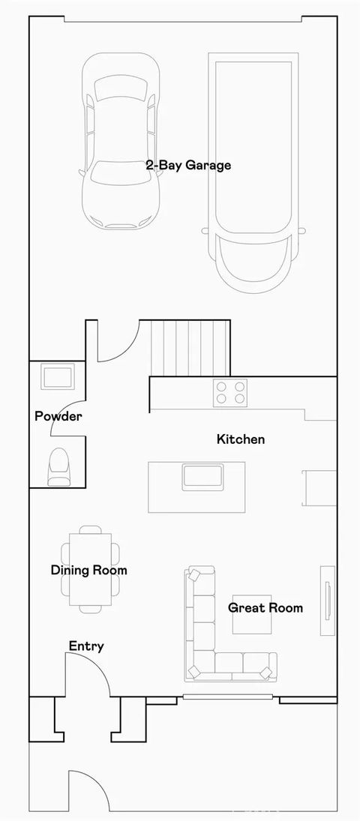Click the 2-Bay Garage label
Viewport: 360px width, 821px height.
coord(188,165)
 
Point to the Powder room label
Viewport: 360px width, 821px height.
coord(58,416)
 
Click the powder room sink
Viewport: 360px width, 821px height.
coord(58,376)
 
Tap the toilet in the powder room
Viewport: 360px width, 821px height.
coord(58,466)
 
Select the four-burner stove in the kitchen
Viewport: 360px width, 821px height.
coord(231,391)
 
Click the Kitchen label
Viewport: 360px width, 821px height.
coord(241,439)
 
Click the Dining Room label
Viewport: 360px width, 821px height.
coord(89,570)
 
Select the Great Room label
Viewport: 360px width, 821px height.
coord(265,607)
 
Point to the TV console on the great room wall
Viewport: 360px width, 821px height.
coord(328,600)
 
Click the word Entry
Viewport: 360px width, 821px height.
coord(86,646)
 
